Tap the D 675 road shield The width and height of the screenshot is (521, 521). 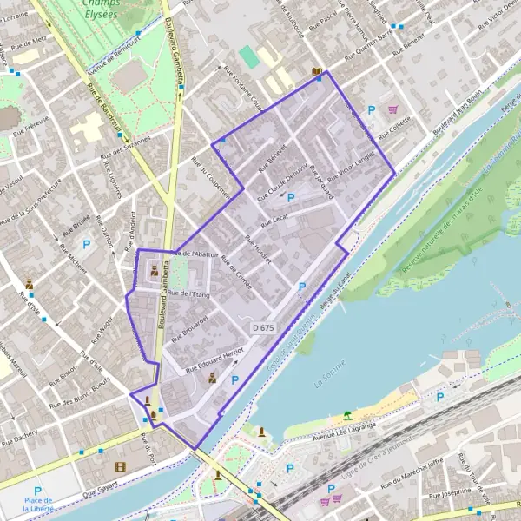pyautogui.click(x=263, y=327)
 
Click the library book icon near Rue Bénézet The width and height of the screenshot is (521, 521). pyautogui.click(x=317, y=71)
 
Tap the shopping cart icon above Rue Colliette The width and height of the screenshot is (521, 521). pyautogui.click(x=392, y=110)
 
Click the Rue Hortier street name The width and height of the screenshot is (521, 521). pyautogui.click(x=258, y=250)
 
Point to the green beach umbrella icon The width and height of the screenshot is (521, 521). pyautogui.click(x=347, y=415)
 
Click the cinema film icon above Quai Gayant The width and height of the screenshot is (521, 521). pyautogui.click(x=120, y=467)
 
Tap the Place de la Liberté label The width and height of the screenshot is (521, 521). pyautogui.click(x=38, y=504)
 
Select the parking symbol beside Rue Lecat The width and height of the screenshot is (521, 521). pyautogui.click(x=291, y=198)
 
